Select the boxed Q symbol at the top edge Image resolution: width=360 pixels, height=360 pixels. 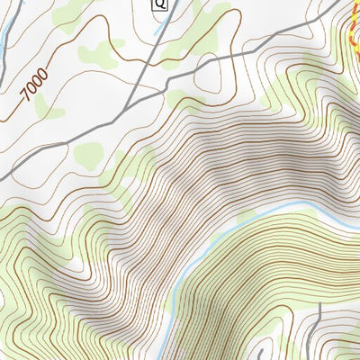160,4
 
